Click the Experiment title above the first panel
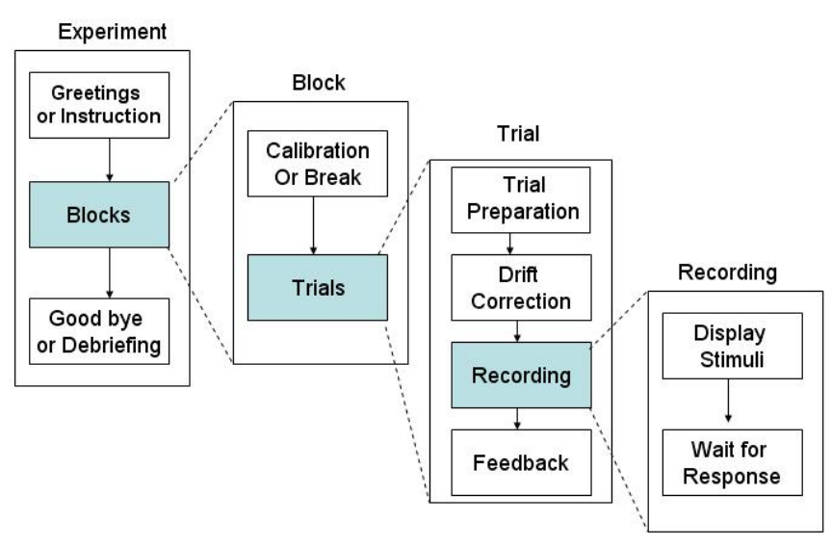[113, 32]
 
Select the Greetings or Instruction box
[99, 105]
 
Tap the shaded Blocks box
[99, 215]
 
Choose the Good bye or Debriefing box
[99, 331]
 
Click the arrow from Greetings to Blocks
[110, 160]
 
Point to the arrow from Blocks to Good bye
[110, 273]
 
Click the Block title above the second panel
[319, 83]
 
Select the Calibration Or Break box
[318, 164]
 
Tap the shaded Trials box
[318, 287]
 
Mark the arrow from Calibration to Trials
[313, 226]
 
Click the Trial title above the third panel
[518, 134]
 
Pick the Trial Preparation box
[520, 200]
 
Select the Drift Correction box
[521, 287]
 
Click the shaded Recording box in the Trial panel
[521, 375]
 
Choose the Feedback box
[521, 462]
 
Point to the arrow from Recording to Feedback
[517, 419]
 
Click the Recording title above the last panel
[728, 273]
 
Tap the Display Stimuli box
[733, 346]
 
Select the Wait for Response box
[733, 462]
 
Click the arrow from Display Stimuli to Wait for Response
[728, 401]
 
